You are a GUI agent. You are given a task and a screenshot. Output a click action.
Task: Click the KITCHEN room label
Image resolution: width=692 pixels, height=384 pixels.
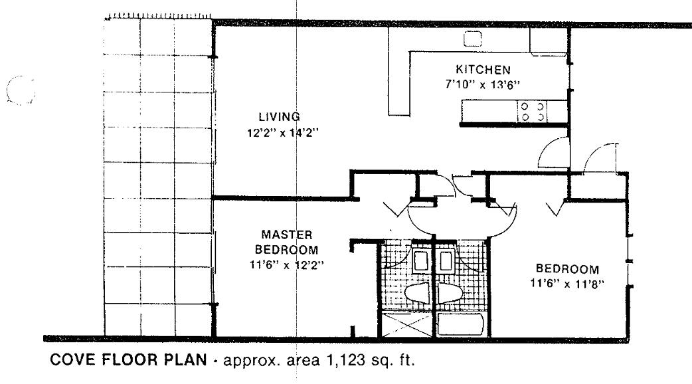coord(482,69)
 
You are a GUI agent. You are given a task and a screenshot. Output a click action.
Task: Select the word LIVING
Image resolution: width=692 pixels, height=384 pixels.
coord(280,117)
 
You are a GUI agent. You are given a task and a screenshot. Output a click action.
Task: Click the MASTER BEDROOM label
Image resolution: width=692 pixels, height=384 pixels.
coord(288,242)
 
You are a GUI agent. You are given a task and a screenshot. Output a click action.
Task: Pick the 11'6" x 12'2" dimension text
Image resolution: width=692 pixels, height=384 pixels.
coord(288,264)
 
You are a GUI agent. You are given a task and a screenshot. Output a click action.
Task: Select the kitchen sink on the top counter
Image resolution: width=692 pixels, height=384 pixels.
coord(472,39)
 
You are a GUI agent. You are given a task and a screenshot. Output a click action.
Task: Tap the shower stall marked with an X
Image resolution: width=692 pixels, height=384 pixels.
coord(404,325)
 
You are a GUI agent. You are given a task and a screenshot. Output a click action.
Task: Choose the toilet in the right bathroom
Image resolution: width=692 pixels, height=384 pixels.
coord(451,292)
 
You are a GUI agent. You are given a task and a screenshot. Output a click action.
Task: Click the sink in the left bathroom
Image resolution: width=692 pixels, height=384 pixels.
coord(420,261)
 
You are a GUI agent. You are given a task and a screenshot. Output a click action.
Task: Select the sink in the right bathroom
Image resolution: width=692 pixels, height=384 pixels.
coord(446,261)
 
